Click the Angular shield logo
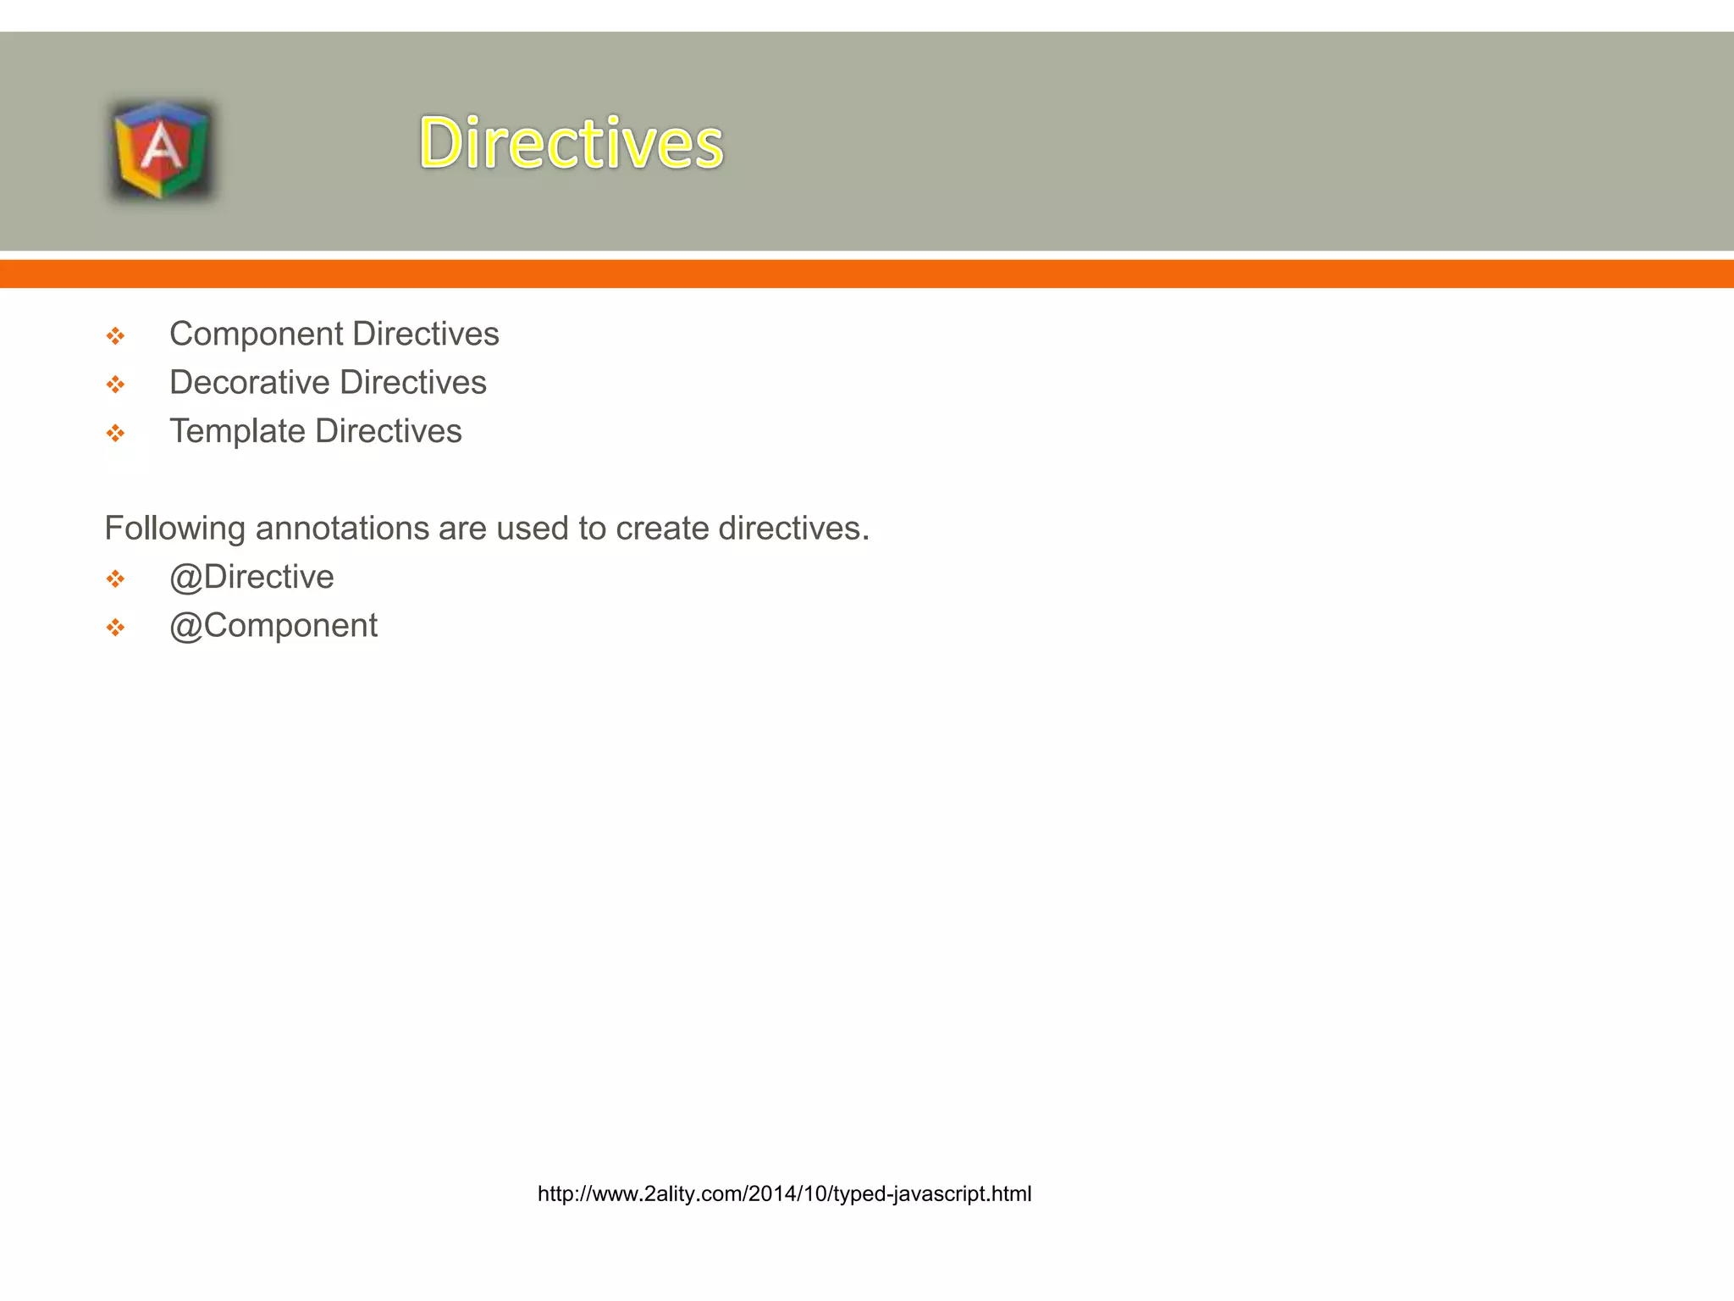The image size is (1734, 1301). (x=161, y=150)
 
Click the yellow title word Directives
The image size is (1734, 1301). (x=572, y=142)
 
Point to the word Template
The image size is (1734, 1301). (x=237, y=431)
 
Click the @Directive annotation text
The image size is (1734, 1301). (x=251, y=577)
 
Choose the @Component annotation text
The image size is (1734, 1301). (x=273, y=626)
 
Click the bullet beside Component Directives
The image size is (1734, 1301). (x=115, y=336)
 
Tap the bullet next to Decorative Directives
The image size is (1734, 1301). (x=115, y=385)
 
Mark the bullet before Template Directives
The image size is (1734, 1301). (x=115, y=434)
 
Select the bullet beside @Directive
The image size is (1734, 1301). (x=115, y=579)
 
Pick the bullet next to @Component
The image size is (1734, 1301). (x=115, y=628)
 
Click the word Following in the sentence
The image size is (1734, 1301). (x=175, y=529)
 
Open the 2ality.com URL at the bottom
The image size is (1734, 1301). (x=784, y=1193)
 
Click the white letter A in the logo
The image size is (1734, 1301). (x=161, y=148)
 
